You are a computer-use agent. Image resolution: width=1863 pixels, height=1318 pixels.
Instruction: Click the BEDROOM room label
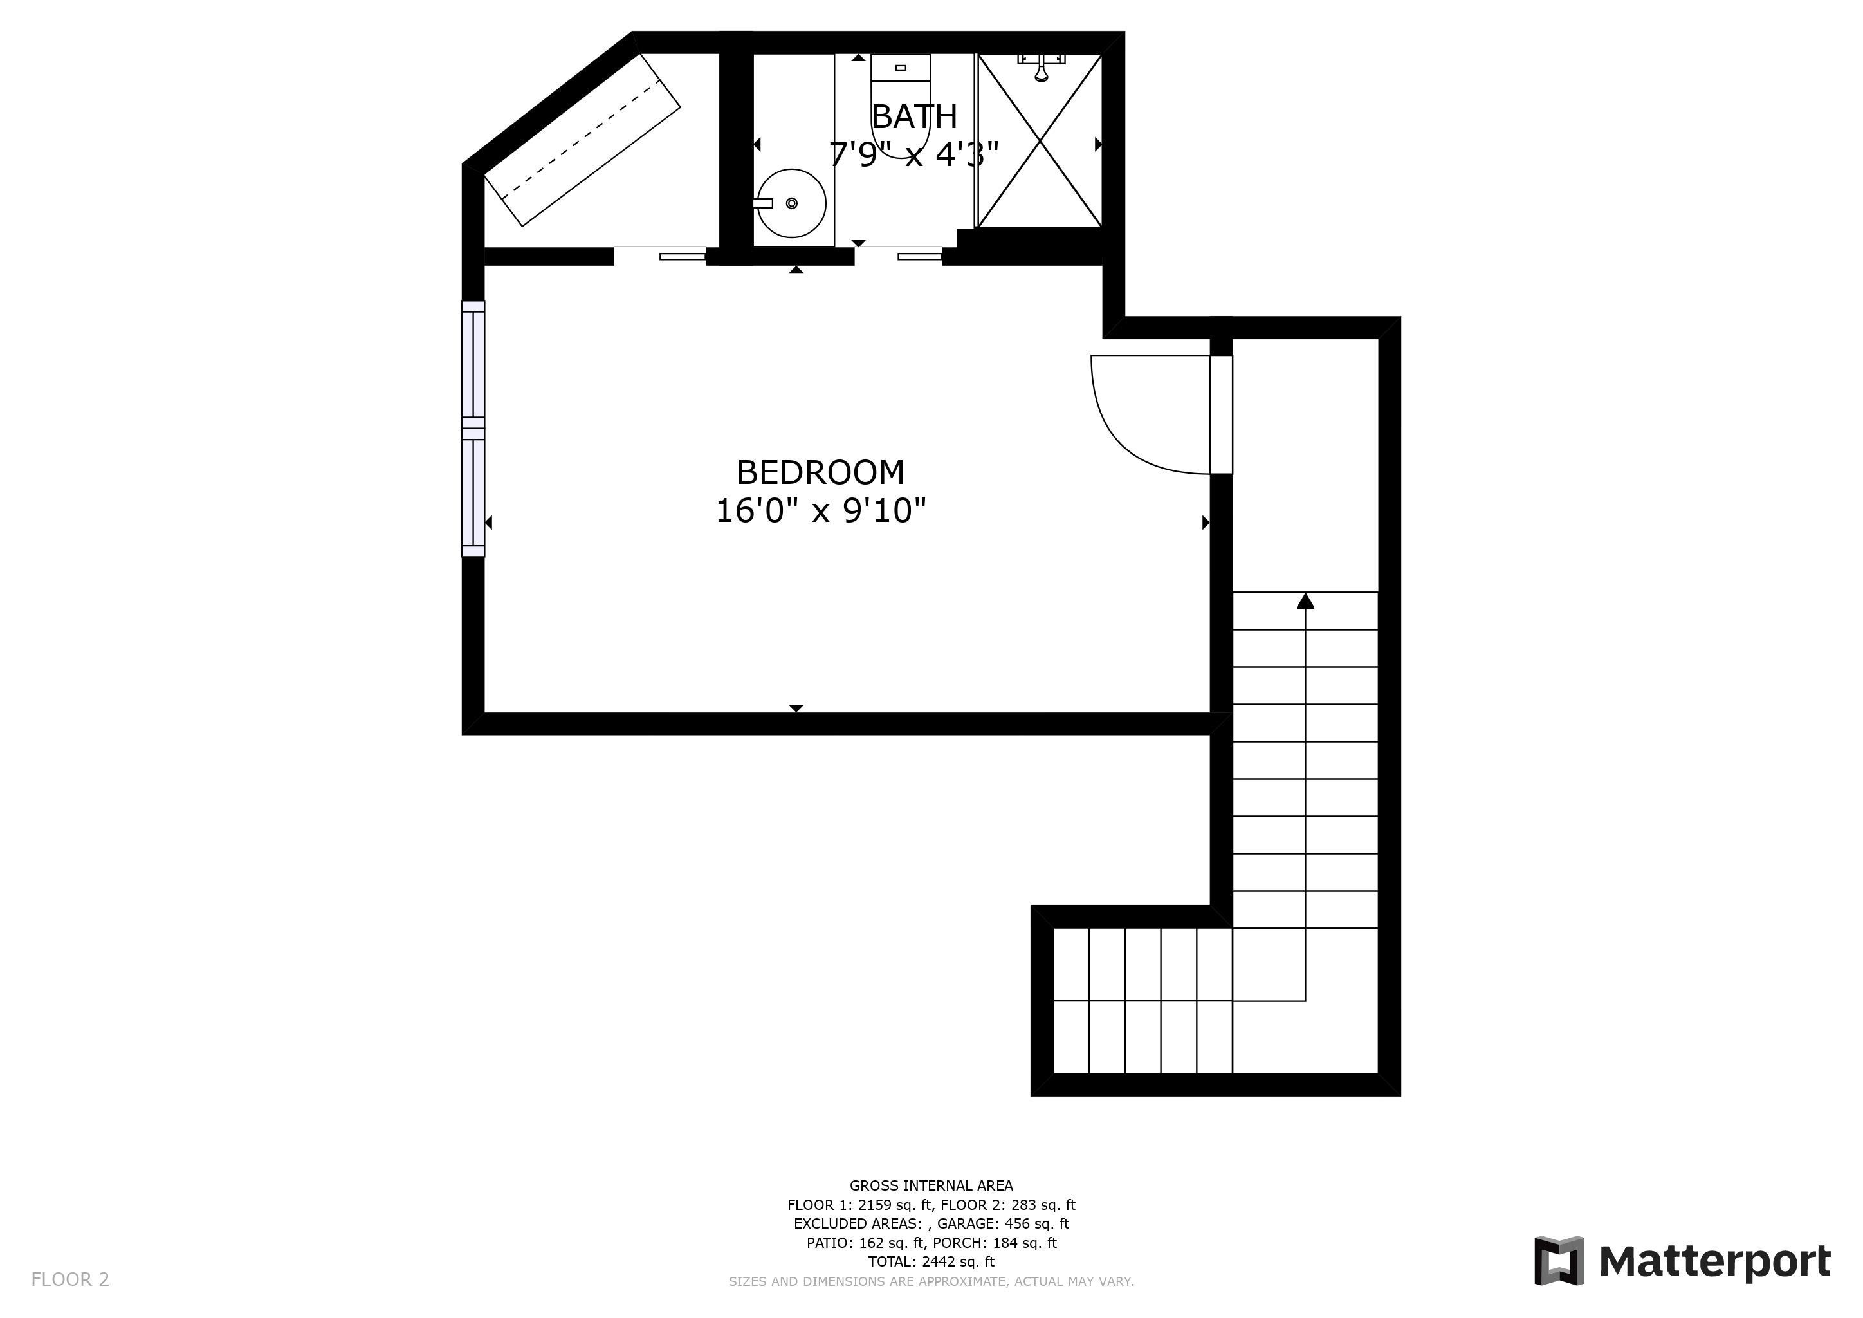820,472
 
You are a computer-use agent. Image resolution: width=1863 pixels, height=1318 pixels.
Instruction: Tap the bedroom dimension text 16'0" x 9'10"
820,511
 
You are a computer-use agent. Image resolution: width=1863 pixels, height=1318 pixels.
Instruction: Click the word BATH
915,117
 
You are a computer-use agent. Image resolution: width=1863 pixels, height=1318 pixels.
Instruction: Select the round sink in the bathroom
791,203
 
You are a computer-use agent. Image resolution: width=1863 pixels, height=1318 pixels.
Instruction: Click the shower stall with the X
1040,140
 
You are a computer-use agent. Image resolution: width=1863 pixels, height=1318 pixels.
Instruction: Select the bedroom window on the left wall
473,429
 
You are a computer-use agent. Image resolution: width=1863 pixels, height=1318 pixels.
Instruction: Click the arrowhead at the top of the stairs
1305,600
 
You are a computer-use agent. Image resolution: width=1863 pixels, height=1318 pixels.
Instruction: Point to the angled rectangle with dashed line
582,140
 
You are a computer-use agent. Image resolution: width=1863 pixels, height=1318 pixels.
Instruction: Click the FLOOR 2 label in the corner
69,1280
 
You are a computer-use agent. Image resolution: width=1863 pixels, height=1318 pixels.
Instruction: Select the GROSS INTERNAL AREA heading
931,1185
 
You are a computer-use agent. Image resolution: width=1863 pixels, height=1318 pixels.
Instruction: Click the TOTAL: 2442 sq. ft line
931,1262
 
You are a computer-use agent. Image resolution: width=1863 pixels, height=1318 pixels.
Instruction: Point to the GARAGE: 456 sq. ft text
1003,1224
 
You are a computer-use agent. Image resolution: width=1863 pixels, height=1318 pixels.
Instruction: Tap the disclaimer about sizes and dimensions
931,1281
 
